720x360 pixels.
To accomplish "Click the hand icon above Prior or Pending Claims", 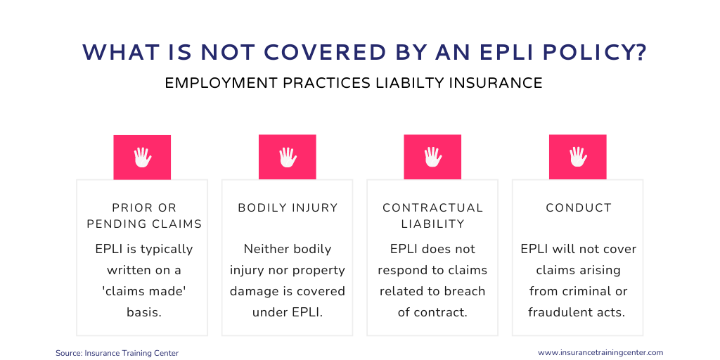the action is tap(142, 157).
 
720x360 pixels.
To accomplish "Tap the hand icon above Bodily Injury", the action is tap(288, 157).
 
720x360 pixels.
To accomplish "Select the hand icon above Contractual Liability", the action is tap(433, 157).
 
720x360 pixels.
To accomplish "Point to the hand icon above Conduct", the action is tap(578, 157).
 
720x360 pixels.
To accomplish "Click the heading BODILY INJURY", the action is tap(288, 208).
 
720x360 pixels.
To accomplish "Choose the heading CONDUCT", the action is tap(579, 208).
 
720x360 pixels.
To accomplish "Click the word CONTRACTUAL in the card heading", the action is tap(433, 208).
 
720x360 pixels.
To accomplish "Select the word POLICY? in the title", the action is tap(595, 53).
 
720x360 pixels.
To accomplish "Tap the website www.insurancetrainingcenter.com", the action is tap(600, 353).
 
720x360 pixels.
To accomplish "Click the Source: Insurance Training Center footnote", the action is tap(117, 353).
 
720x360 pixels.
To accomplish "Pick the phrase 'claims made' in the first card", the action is tap(144, 291).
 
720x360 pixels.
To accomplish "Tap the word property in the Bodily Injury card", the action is tap(319, 271).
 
